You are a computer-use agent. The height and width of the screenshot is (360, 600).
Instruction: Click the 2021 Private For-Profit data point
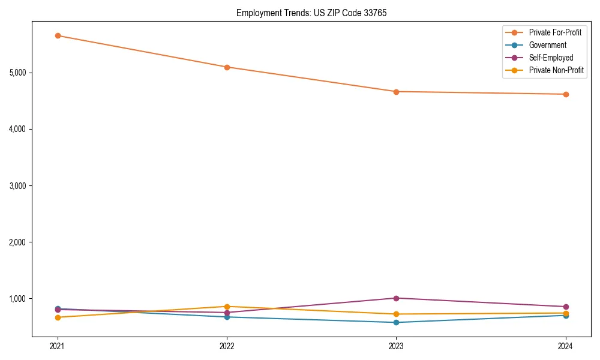click(58, 35)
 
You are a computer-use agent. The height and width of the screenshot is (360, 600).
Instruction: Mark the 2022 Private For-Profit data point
click(227, 67)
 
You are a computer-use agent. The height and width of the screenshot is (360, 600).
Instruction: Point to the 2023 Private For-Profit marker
click(396, 92)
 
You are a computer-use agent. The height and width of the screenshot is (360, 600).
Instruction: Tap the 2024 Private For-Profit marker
click(565, 94)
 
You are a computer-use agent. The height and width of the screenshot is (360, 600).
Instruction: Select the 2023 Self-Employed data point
click(396, 298)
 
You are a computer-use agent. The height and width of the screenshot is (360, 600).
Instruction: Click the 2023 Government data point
click(396, 322)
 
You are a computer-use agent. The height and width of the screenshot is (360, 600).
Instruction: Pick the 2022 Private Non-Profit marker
click(227, 307)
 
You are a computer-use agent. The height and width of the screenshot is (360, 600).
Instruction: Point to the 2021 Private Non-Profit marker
click(58, 317)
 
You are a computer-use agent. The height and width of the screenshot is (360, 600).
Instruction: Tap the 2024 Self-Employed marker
click(565, 307)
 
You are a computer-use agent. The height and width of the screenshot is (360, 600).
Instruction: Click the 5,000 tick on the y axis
click(17, 73)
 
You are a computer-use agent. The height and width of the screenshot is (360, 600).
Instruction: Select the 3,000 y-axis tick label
click(17, 186)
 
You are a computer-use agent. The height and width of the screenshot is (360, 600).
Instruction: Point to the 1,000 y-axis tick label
click(17, 299)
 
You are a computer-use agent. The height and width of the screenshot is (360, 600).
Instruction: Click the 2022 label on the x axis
click(227, 346)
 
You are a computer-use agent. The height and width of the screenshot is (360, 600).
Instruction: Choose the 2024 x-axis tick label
click(565, 346)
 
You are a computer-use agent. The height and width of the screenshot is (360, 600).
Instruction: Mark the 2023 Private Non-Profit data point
click(396, 314)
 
